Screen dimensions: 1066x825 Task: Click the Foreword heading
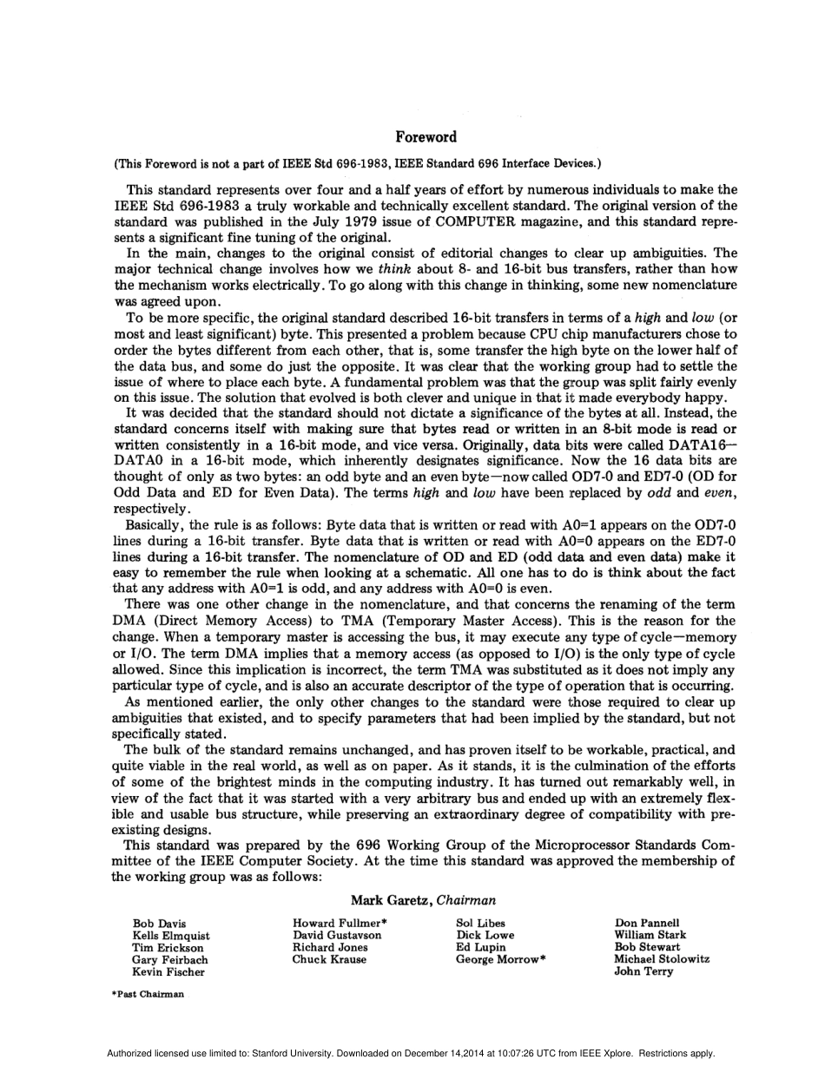426,137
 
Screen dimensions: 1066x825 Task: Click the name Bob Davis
159,924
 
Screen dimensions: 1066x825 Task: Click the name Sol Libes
480,923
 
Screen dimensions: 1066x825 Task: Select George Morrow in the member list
498,959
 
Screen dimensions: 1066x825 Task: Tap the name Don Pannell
647,923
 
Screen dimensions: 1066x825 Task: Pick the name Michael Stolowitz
662,959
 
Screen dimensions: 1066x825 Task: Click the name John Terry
643,971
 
